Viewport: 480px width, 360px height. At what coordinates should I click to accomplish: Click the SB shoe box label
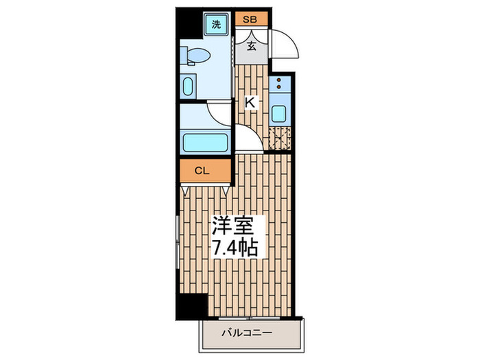(x=250, y=19)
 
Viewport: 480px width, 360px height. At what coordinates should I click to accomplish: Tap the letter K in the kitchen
(x=251, y=103)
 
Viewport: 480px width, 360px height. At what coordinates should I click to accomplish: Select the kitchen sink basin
(x=279, y=114)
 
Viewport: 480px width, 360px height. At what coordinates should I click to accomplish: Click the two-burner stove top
(x=280, y=86)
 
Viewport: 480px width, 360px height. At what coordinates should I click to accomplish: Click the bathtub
(x=206, y=142)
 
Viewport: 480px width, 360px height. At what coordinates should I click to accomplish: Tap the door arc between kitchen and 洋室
(x=250, y=141)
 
